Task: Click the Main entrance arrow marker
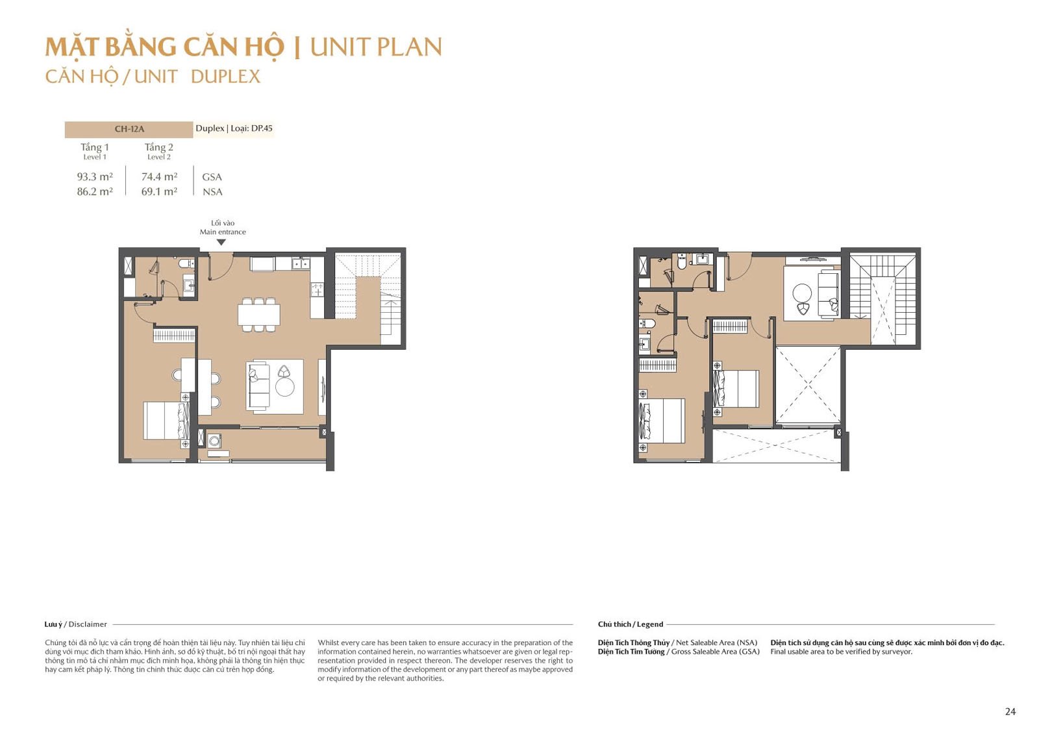pos(221,242)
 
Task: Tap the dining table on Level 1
pos(259,315)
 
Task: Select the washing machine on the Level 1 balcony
pos(214,441)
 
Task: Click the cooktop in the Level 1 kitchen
pos(318,290)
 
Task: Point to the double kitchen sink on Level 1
pos(299,264)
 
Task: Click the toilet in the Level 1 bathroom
pos(186,264)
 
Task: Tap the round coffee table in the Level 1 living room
pos(285,387)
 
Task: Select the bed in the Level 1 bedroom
pos(166,421)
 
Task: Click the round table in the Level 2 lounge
pos(802,293)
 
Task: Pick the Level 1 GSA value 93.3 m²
pos(95,177)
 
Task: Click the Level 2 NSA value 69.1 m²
pos(159,191)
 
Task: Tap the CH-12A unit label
pos(129,129)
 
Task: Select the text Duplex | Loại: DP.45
pos(234,128)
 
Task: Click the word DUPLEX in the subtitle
pos(225,77)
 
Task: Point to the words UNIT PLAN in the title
pos(376,47)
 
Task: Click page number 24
pos(1010,711)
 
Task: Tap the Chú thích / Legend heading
pos(631,624)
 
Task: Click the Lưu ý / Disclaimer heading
pos(75,624)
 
